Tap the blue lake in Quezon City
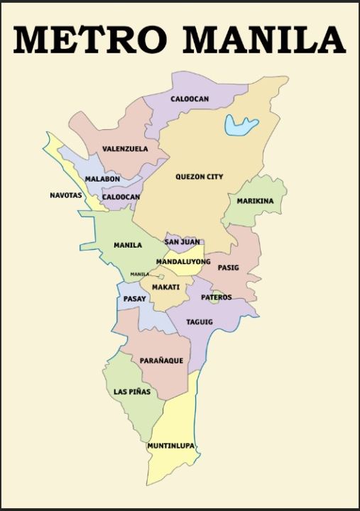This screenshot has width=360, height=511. [x=240, y=126]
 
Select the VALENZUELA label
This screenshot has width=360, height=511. [x=125, y=149]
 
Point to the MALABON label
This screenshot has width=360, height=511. [x=102, y=179]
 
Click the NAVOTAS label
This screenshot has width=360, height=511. [x=66, y=195]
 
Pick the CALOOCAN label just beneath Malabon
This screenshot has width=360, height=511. [x=121, y=197]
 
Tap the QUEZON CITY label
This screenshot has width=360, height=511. [x=199, y=177]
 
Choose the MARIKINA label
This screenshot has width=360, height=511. [x=255, y=201]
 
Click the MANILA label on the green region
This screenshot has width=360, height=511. [x=128, y=246]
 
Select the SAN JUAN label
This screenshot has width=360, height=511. [x=182, y=242]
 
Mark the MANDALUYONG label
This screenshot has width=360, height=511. [x=183, y=262]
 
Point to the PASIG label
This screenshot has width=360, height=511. [x=228, y=268]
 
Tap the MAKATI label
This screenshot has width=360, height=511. [x=165, y=287]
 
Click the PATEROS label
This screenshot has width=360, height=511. [x=216, y=297]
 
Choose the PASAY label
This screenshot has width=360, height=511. [x=134, y=299]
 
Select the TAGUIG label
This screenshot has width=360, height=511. [x=200, y=322]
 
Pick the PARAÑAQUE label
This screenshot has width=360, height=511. [x=161, y=361]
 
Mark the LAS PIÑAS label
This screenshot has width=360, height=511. [x=132, y=392]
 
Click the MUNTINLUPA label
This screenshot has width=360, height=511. [x=170, y=446]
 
